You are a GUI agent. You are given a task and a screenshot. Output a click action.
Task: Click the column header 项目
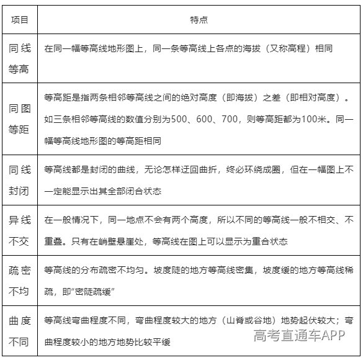19,20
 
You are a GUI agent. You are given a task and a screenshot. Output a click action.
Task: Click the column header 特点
198,20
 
